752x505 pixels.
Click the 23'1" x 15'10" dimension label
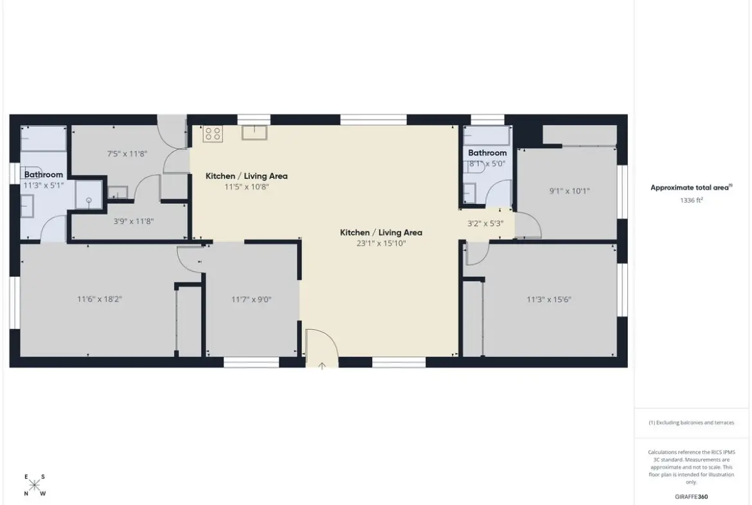pos(380,243)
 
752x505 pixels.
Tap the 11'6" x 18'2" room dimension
pos(99,299)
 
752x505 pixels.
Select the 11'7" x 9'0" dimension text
pos(251,300)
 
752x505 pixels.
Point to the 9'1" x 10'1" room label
pos(569,191)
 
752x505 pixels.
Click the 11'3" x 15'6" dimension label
pos(549,300)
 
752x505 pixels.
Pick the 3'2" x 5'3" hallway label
pos(485,223)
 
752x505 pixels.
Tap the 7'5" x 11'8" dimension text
pos(127,154)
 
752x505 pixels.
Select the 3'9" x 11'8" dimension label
pos(133,221)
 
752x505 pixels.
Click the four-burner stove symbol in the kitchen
pos(213,133)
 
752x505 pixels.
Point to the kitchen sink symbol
pos(254,133)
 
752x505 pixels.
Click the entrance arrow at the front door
pos(322,366)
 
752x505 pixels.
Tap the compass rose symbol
pos(34,485)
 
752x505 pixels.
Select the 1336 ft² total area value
pos(691,200)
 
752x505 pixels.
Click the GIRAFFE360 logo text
pos(691,497)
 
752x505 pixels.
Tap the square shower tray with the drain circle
pos(89,194)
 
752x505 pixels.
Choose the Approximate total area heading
pos(691,188)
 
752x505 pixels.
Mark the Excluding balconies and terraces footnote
pos(691,423)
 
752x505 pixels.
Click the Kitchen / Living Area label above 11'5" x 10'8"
pos(247,176)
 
